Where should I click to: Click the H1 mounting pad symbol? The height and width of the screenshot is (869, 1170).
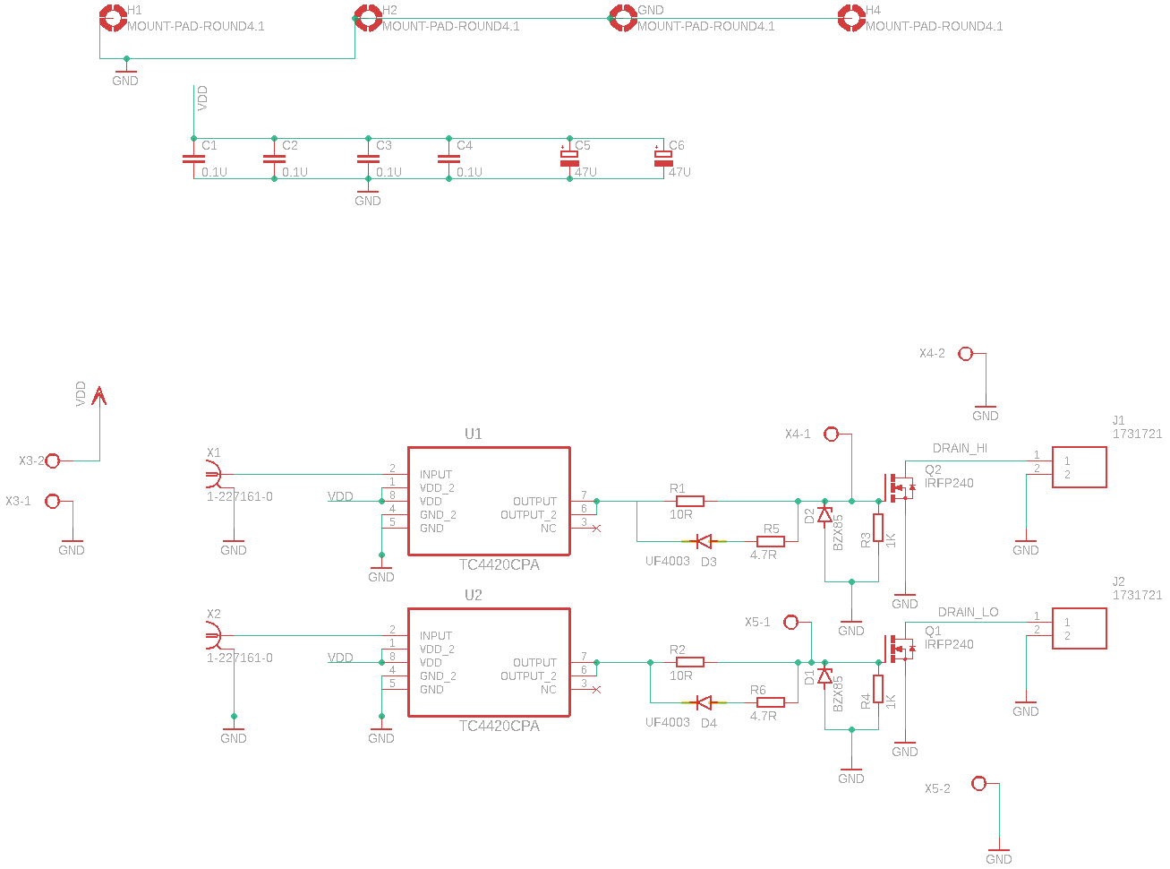(x=113, y=18)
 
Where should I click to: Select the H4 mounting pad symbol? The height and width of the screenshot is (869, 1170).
(x=851, y=18)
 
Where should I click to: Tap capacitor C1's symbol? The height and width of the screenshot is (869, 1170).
(x=193, y=159)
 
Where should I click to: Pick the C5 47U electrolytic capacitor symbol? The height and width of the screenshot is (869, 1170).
(x=569, y=159)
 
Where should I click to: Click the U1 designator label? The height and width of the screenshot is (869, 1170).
(x=473, y=434)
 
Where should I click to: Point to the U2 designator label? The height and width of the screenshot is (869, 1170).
(x=473, y=595)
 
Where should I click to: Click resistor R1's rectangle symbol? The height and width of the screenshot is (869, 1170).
(x=690, y=501)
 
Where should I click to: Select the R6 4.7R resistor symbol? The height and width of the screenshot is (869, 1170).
(x=770, y=702)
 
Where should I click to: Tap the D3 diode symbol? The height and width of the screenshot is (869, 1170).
(x=704, y=541)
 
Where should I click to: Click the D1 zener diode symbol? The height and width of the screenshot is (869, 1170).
(x=824, y=675)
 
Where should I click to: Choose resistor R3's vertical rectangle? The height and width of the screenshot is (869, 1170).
(x=878, y=528)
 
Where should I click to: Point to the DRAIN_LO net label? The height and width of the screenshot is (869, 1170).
(x=968, y=612)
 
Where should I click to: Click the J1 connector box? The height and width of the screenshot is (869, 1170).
(x=1079, y=468)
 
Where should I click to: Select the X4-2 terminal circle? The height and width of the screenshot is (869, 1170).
(x=965, y=354)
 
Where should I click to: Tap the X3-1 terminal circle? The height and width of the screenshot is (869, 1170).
(x=52, y=501)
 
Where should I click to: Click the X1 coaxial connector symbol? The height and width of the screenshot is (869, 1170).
(x=213, y=474)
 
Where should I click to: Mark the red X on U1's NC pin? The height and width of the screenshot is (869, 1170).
(x=596, y=529)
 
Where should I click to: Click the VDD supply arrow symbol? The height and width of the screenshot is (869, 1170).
(x=99, y=396)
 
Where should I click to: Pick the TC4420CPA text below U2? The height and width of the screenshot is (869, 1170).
(x=499, y=726)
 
